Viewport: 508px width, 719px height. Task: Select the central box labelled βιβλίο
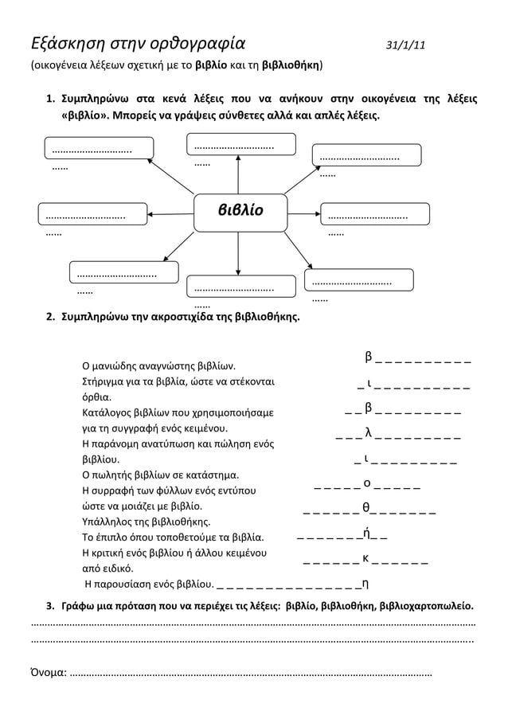[240, 212]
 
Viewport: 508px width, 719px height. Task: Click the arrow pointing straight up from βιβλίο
[239, 174]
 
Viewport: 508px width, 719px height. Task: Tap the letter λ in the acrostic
[368, 432]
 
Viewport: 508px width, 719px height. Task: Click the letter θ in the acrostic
[365, 507]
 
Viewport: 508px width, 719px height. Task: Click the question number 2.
[49, 317]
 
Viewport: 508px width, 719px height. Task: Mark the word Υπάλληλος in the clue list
[108, 522]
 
